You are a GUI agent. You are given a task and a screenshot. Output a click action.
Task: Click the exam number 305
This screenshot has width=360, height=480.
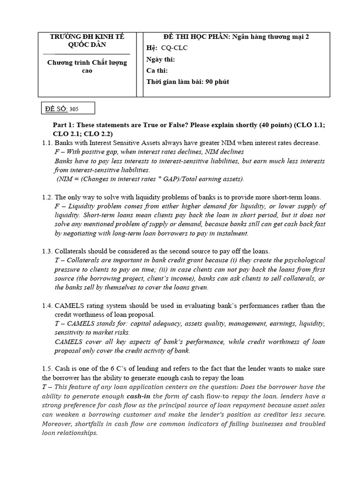[74, 109]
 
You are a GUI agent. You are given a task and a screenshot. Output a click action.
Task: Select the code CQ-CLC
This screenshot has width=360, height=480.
[174, 48]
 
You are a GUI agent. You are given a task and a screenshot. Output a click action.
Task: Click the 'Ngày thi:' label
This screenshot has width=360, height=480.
[160, 60]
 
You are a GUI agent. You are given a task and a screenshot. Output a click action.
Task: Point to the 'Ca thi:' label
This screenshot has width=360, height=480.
[157, 70]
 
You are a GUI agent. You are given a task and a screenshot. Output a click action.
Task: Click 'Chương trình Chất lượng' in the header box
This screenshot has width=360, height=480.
[87, 62]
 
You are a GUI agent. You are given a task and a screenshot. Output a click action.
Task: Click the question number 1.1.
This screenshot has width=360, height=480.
[47, 142]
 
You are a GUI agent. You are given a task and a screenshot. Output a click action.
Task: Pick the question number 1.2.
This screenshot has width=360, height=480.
[47, 197]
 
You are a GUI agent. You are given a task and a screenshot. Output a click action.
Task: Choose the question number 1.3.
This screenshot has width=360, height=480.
[47, 252]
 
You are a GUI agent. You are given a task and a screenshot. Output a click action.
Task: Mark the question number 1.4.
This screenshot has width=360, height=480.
[47, 306]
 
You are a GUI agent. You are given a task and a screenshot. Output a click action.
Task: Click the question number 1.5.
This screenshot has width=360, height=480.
[47, 369]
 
